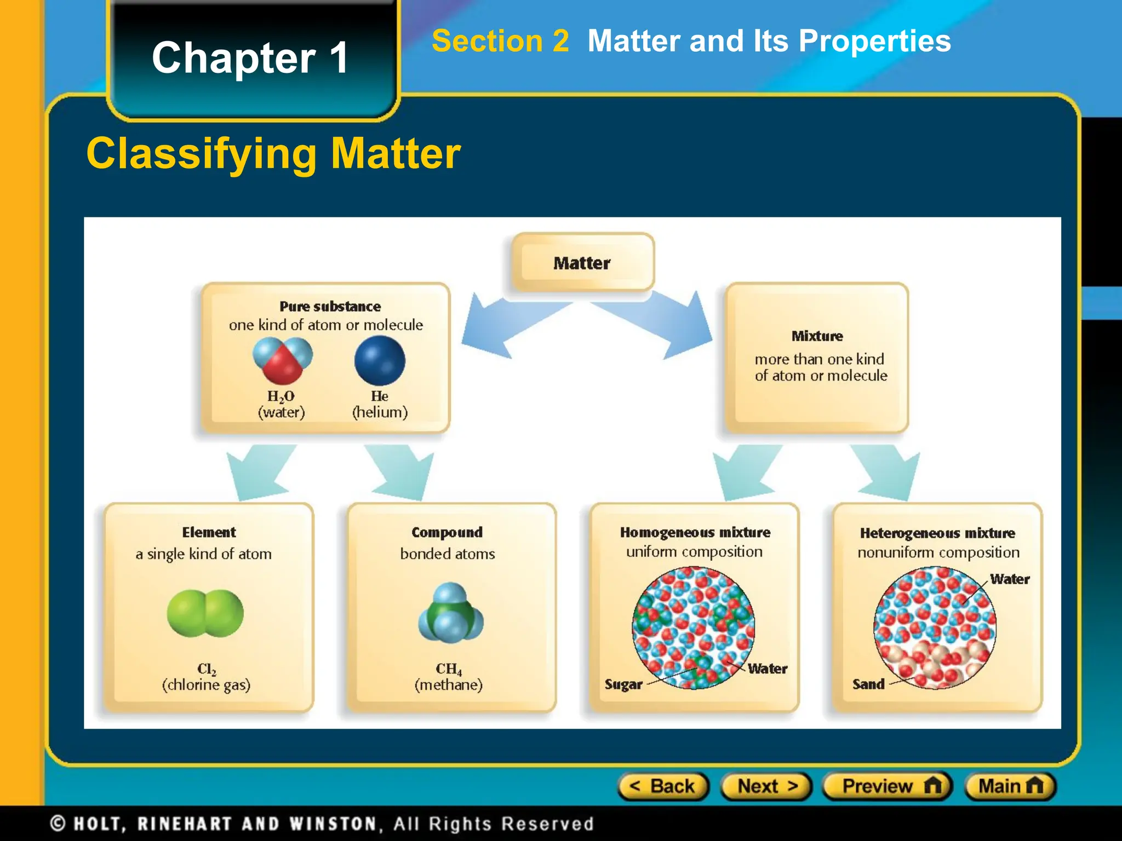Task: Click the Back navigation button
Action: (663, 786)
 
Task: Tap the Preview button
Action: (888, 786)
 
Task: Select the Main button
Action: (1010, 786)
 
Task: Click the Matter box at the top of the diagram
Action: (582, 263)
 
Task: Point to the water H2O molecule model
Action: (282, 360)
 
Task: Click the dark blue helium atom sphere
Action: (380, 361)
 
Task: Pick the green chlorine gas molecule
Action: (205, 613)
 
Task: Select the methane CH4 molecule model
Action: (451, 613)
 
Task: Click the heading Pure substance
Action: (330, 307)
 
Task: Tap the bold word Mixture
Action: (817, 336)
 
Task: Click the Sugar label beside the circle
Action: (623, 684)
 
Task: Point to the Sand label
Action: (868, 684)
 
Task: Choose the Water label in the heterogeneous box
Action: (1009, 579)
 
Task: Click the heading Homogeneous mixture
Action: (695, 532)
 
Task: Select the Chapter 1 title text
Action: (250, 58)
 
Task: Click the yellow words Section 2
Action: (500, 41)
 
